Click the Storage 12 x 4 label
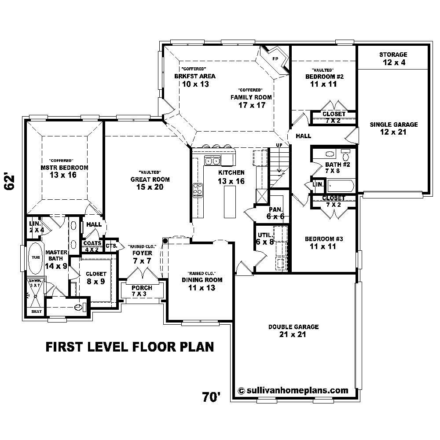click(x=393, y=59)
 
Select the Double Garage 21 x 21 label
click(x=293, y=330)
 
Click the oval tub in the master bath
click(x=35, y=259)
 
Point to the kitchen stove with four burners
click(x=198, y=190)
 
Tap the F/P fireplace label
click(x=275, y=59)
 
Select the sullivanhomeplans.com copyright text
click(x=293, y=390)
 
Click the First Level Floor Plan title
click(x=130, y=347)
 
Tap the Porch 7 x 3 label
click(x=142, y=291)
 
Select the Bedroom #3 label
click(x=323, y=243)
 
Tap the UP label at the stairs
click(x=279, y=145)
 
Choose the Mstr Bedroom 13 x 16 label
click(x=64, y=171)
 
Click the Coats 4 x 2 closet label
click(x=92, y=246)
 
